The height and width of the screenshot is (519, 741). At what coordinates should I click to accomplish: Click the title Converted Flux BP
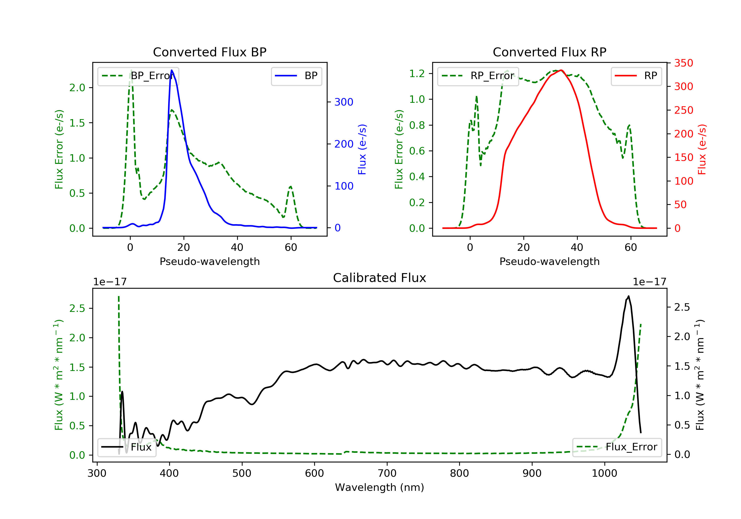pyautogui.click(x=209, y=52)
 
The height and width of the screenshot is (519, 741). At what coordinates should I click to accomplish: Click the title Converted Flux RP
pyautogui.click(x=549, y=52)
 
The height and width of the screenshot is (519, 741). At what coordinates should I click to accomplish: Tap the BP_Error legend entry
pyautogui.click(x=138, y=76)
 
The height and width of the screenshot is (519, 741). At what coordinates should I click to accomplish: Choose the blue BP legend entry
pyautogui.click(x=296, y=76)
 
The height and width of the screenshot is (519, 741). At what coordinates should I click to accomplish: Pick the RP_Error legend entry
pyautogui.click(x=478, y=76)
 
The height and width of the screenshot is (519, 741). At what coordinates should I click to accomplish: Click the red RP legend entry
pyautogui.click(x=636, y=76)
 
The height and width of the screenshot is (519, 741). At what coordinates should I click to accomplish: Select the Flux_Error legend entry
pyautogui.click(x=617, y=447)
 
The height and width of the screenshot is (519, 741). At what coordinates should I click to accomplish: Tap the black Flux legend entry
pyautogui.click(x=127, y=447)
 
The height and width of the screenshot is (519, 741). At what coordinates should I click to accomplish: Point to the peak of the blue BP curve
pyautogui.click(x=172, y=70)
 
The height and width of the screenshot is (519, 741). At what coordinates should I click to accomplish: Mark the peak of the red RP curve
pyautogui.click(x=561, y=70)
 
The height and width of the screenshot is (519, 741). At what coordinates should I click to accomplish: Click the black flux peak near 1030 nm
pyautogui.click(x=628, y=296)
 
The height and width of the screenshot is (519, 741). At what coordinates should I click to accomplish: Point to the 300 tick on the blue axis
pyautogui.click(x=344, y=102)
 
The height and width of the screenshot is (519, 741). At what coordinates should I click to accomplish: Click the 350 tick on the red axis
pyautogui.click(x=683, y=63)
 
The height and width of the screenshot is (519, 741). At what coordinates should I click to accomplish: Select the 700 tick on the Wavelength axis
pyautogui.click(x=387, y=474)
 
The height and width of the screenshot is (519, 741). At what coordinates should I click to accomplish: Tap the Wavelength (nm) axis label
pyautogui.click(x=380, y=487)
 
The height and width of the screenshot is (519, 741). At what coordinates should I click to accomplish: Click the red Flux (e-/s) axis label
pyautogui.click(x=702, y=150)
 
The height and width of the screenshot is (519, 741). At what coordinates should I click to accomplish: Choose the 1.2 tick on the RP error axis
pyautogui.click(x=417, y=74)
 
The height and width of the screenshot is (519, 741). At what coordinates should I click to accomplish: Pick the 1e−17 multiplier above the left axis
pyautogui.click(x=110, y=282)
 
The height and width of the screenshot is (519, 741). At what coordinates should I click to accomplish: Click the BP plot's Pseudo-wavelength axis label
pyautogui.click(x=210, y=261)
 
